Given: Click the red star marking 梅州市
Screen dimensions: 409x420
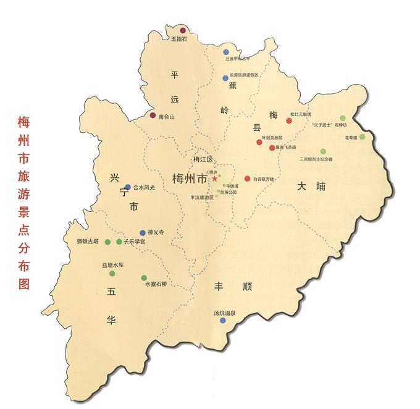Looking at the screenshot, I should (x=214, y=179).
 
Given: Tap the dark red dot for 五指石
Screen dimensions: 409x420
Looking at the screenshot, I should (x=183, y=30).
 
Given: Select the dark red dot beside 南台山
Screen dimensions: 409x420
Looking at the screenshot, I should (x=153, y=115).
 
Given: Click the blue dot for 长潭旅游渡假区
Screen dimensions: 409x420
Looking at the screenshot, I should (x=225, y=78).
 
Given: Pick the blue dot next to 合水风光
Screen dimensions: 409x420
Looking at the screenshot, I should (x=128, y=187).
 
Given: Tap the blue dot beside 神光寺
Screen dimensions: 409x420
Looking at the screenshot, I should (x=143, y=233).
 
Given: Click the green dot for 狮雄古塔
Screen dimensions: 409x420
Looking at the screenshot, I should (x=107, y=242).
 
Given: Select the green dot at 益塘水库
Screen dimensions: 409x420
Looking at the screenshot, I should (x=112, y=273).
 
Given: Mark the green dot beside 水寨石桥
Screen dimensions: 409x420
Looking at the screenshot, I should (x=144, y=278).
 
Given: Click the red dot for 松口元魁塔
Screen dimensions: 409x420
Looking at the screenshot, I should (x=288, y=120).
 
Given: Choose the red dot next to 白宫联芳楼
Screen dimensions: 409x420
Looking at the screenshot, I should (x=248, y=179).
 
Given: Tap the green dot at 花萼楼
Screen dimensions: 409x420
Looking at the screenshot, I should (x=363, y=137).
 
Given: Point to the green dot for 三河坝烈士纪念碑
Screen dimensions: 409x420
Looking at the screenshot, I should (x=322, y=151).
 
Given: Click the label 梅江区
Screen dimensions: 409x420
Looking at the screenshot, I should (x=202, y=159).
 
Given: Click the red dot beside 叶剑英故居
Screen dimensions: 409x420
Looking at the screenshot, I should (x=260, y=142).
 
